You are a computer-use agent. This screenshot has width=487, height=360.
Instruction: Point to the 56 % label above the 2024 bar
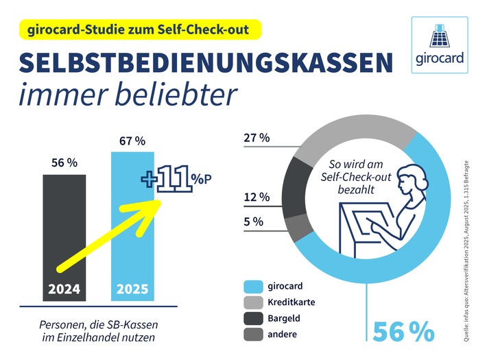click(64, 163)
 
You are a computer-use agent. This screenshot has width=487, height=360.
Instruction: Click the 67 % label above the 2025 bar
click(132, 141)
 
